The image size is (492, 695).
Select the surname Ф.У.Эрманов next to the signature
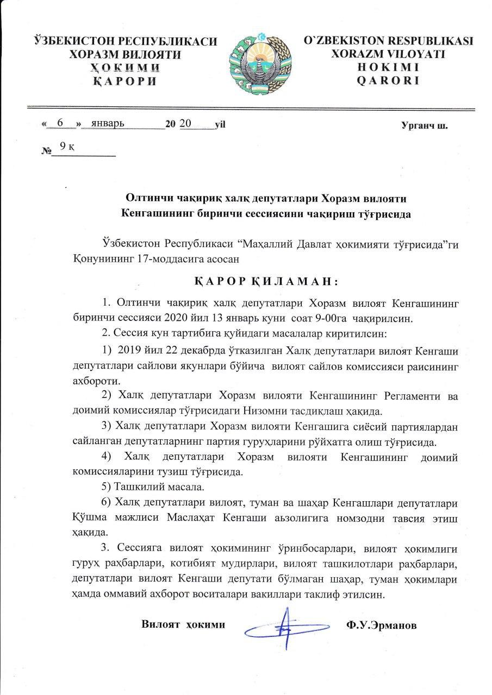381,625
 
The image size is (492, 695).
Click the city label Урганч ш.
425,126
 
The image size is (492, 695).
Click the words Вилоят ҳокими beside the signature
183,624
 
